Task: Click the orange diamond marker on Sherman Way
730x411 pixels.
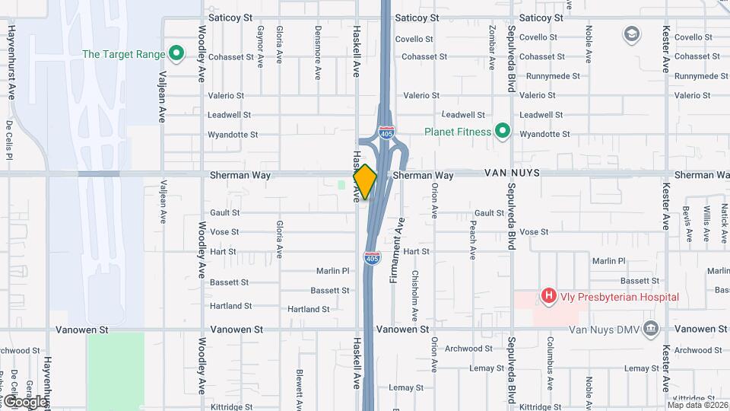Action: coord(365,182)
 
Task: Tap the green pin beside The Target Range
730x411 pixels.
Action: coord(176,54)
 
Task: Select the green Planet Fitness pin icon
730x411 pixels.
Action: coord(502,132)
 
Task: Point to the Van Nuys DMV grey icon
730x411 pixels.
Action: coord(650,329)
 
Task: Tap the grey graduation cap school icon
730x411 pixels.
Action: coord(631,33)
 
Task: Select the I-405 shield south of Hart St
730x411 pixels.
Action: coord(371,259)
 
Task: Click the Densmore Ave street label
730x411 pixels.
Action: coord(318,52)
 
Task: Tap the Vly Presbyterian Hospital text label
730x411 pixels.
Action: coord(620,296)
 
